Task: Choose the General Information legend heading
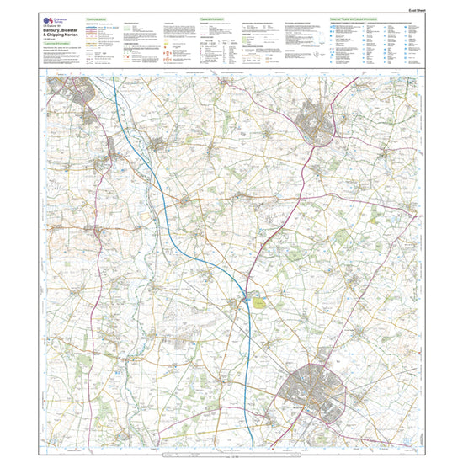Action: pos(210,17)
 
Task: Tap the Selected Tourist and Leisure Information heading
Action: pos(354,17)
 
